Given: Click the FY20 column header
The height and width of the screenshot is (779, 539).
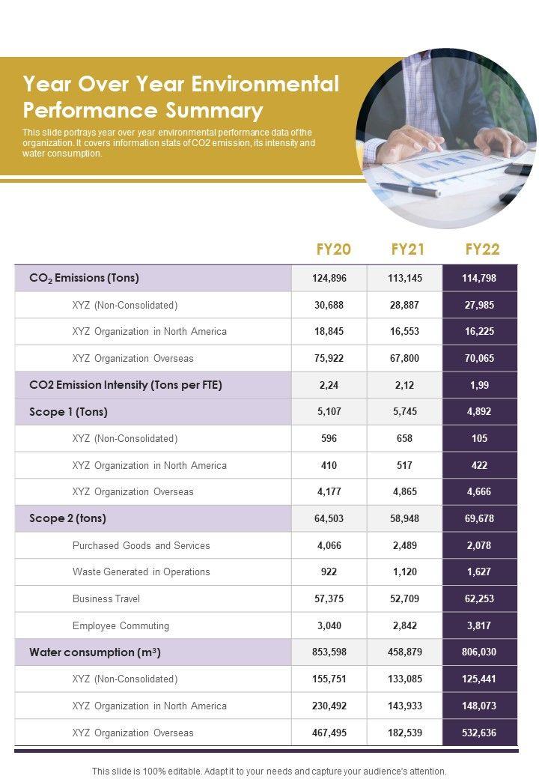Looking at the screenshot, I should tap(333, 249).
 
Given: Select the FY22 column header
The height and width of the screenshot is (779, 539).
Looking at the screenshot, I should tap(482, 249).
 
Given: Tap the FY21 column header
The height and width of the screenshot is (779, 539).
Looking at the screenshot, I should tap(408, 249).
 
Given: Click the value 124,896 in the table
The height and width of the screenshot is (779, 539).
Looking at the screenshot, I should tap(329, 278).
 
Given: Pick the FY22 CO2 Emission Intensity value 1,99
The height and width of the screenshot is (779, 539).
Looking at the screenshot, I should tap(480, 385).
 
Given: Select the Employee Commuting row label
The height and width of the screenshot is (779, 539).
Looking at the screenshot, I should tap(121, 625).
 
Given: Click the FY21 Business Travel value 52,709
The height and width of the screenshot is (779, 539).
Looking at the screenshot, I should tap(405, 598).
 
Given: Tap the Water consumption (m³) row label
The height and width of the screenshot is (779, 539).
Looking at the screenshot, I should tap(95, 652).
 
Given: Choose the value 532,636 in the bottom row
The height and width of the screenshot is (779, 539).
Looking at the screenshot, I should tap(480, 733).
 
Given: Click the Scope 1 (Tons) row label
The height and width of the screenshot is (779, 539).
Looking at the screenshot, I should tap(68, 412).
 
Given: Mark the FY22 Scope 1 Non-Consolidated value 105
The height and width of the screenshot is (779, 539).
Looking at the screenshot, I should tap(480, 438).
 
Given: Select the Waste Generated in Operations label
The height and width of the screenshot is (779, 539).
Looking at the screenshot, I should tap(141, 572).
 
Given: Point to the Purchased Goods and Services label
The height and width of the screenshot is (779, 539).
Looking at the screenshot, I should tap(141, 545).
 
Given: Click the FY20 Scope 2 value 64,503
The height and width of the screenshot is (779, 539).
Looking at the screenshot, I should tap(329, 518).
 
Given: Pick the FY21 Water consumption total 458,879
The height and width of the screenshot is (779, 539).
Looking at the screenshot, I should tap(405, 652).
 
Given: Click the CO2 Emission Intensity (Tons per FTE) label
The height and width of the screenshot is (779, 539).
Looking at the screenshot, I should tap(126, 385).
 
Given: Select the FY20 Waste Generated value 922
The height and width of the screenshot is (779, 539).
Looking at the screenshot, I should tap(329, 572).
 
